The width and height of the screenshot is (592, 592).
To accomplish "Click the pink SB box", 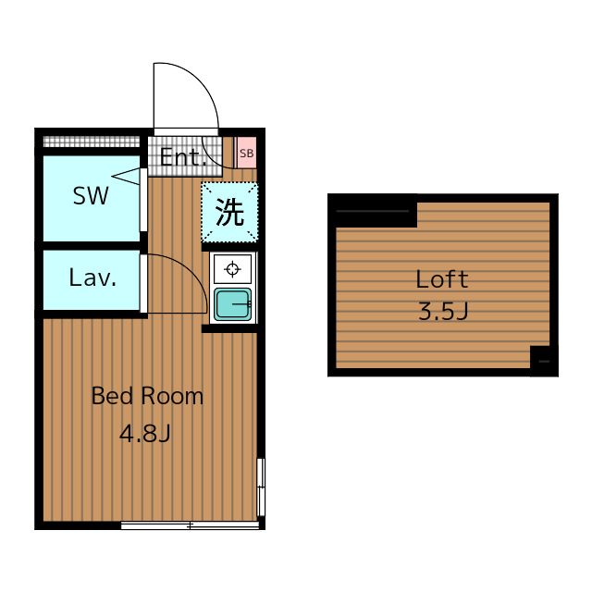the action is point(246,153).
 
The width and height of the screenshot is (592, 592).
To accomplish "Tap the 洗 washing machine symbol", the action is point(229,212).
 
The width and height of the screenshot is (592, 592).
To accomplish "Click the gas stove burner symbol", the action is point(232,269).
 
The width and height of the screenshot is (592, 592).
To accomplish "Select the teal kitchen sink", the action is point(232,304).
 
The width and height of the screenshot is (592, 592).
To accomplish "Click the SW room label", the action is point(91,195).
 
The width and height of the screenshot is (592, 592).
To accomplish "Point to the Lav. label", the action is point(92,277).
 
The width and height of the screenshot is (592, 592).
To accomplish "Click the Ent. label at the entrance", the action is point(183,157).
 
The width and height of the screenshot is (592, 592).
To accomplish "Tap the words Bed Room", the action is point(147,396).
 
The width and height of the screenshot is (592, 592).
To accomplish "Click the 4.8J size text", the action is point(145,433).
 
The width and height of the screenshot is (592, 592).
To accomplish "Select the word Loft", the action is point(442,279).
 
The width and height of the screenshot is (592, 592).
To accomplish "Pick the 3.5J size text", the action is point(443,312).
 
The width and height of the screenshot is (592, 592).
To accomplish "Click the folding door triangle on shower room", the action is point(126,177).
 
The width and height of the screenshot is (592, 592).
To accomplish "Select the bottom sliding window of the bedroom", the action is point(190,524).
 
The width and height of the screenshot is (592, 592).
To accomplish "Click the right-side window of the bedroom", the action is point(261,487).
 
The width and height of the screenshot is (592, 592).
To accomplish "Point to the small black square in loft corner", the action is point(544,361).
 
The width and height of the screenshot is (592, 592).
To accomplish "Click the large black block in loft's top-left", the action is point(373,212).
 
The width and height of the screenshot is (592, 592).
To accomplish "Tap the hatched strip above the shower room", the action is point(92,142).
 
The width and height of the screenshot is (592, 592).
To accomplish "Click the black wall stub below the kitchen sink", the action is point(229,328).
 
